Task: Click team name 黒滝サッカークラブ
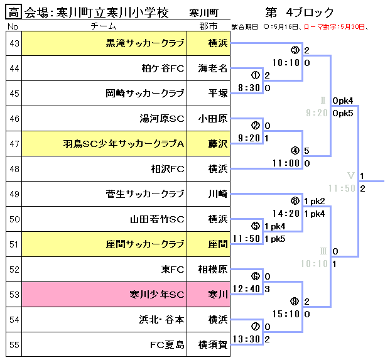click(144, 43)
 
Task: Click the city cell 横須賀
click(212, 344)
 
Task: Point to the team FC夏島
click(166, 344)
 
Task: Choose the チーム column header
click(103, 26)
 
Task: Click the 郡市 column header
click(209, 26)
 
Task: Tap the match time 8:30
click(249, 88)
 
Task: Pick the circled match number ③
click(295, 50)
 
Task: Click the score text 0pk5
click(343, 113)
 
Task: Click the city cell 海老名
click(212, 68)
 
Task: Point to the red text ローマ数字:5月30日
click(333, 27)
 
